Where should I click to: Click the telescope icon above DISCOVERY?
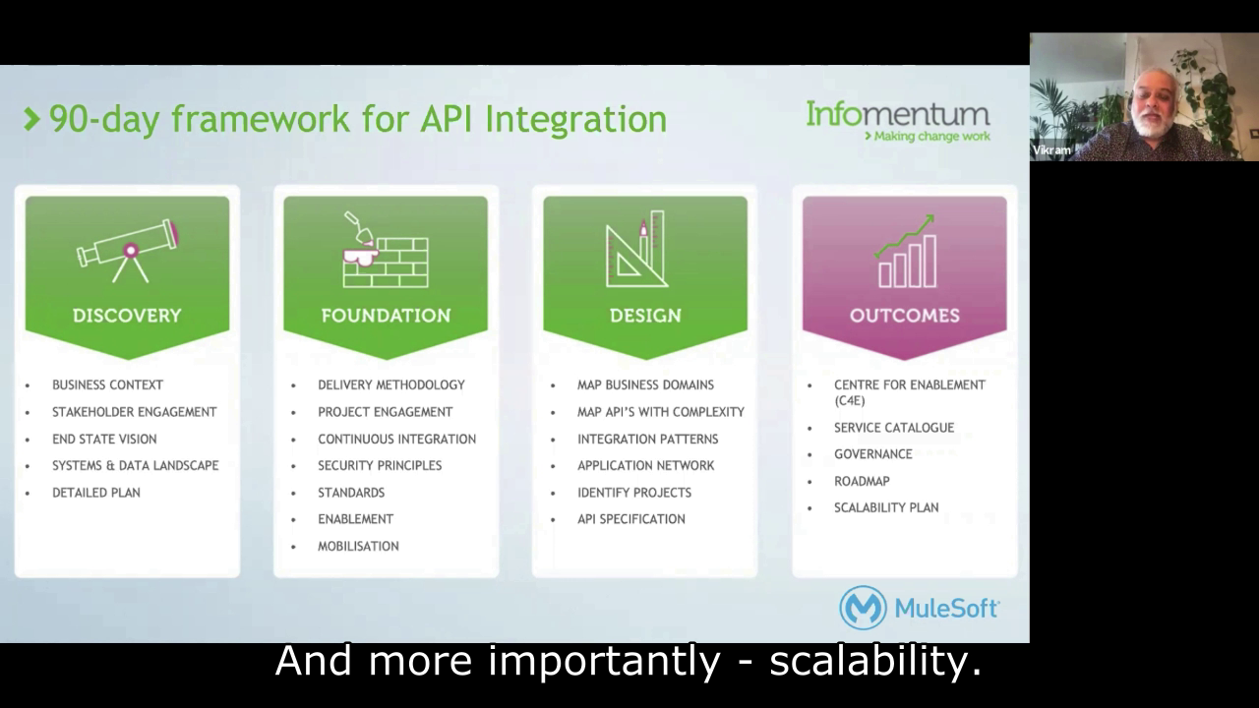[128, 250]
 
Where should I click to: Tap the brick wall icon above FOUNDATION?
[386, 251]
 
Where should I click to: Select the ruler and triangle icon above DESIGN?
[636, 250]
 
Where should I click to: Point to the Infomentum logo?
[897, 121]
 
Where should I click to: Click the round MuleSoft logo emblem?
[863, 608]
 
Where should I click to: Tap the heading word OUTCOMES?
[904, 316]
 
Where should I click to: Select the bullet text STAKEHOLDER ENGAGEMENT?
[134, 412]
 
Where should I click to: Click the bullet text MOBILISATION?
[358, 546]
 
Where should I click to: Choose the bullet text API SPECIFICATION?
[630, 519]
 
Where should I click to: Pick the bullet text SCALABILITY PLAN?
[885, 507]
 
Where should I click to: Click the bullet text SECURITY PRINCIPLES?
[379, 465]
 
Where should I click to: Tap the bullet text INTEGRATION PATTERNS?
[647, 439]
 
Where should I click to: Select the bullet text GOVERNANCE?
[872, 454]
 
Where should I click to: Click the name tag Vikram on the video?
[1051, 150]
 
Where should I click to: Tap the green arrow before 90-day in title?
[32, 120]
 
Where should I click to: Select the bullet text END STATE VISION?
[103, 439]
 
